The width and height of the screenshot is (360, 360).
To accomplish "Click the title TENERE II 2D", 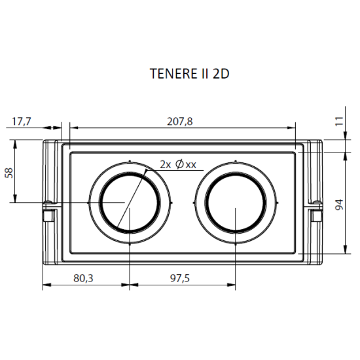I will (x=190, y=74).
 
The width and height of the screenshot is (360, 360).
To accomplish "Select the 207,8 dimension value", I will (x=179, y=122).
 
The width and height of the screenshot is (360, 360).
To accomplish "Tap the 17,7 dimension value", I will (x=22, y=122).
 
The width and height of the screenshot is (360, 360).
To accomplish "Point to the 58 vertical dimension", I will (x=9, y=172).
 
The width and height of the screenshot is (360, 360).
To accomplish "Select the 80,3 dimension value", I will (x=83, y=278).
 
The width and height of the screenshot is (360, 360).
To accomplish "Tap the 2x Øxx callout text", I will (x=178, y=165).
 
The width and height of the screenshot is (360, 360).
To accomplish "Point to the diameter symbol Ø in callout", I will (x=179, y=165).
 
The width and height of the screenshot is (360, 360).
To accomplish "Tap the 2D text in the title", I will (x=221, y=74).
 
